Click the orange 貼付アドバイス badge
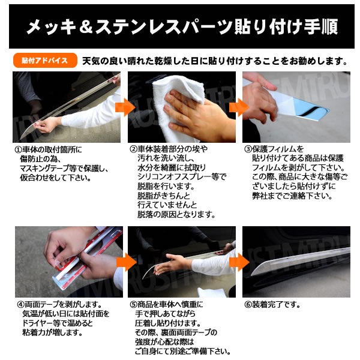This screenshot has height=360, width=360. tap(45, 61)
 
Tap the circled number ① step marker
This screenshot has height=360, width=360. tap(19, 150)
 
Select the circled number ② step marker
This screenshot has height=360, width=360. tap(133, 149)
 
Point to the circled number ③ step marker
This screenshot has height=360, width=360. tap(248, 149)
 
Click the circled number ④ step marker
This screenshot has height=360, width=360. tap(21, 305)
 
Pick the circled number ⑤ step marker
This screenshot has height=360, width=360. tap(133, 305)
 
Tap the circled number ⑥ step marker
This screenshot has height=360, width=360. tap(248, 305)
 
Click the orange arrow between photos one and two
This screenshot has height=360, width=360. tap(125, 107)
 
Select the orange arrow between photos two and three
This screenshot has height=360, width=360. tap(239, 107)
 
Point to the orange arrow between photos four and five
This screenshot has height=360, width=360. tap(127, 262)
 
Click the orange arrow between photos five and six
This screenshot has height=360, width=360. tap(239, 262)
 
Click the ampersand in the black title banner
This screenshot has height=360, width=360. tap(86, 26)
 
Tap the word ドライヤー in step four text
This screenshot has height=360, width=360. tap(37, 323)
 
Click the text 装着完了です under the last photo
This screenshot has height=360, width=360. tap(276, 305)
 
